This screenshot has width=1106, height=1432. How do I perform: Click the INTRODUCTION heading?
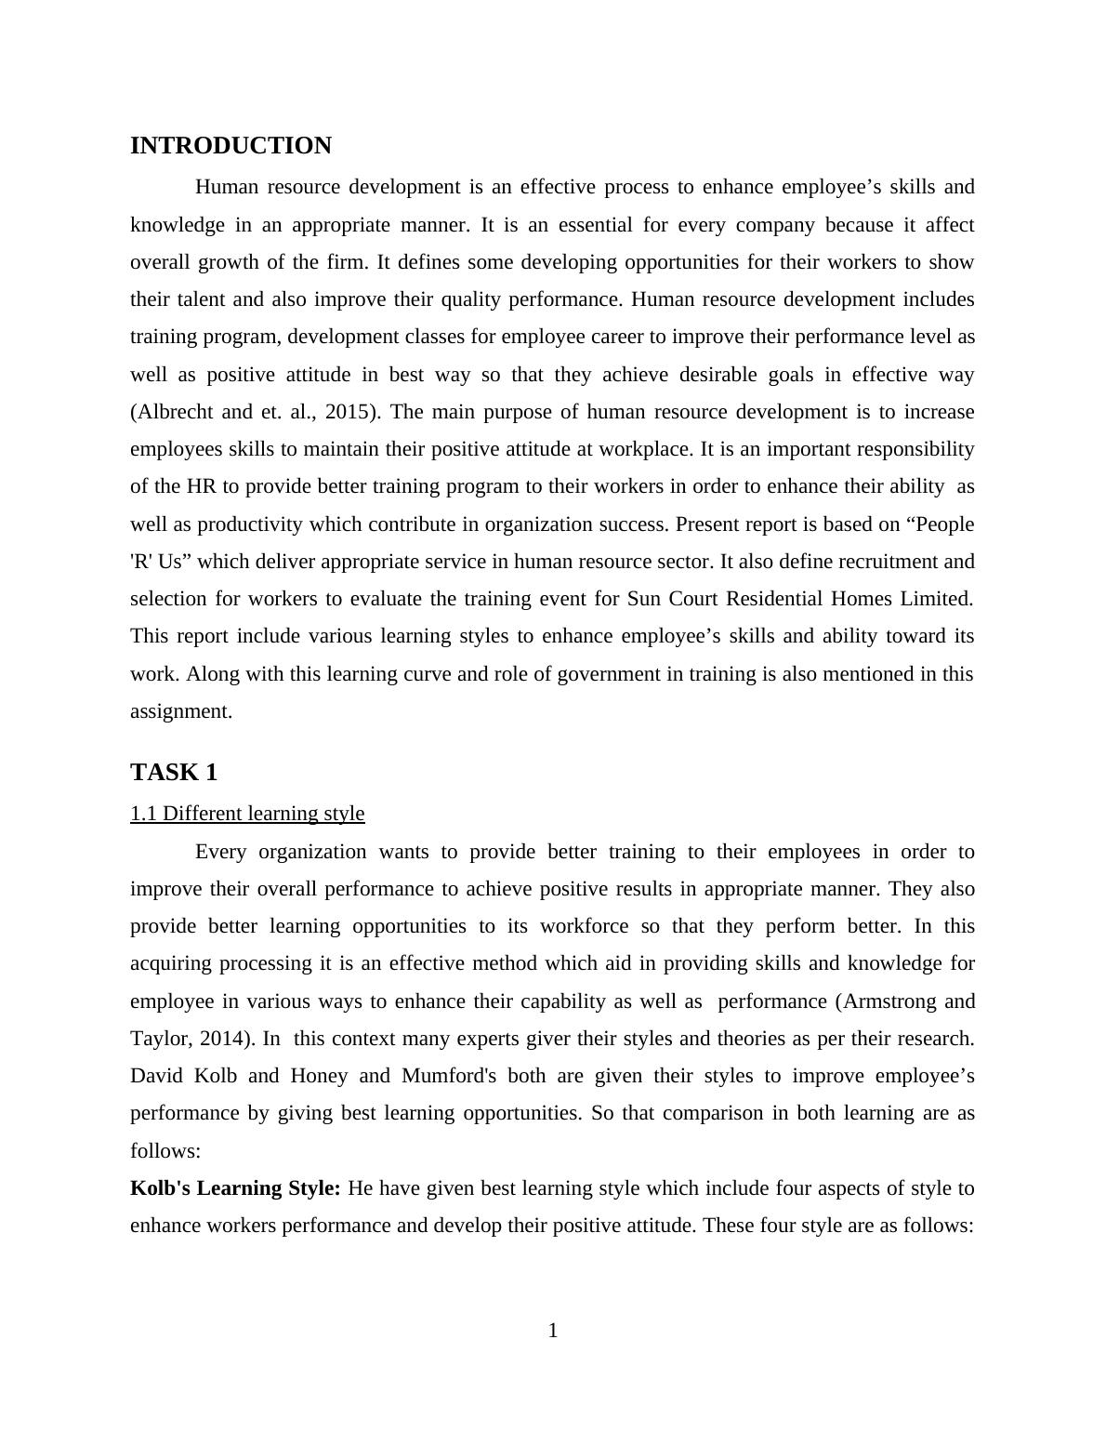pyautogui.click(x=230, y=146)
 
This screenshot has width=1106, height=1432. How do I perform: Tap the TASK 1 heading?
pyautogui.click(x=174, y=773)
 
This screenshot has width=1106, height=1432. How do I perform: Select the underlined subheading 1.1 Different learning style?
pyautogui.click(x=247, y=814)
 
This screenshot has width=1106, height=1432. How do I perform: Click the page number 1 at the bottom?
pyautogui.click(x=553, y=1331)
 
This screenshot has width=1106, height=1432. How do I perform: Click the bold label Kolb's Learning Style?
pyautogui.click(x=236, y=1188)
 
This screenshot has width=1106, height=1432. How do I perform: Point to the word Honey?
pyautogui.click(x=319, y=1076)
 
